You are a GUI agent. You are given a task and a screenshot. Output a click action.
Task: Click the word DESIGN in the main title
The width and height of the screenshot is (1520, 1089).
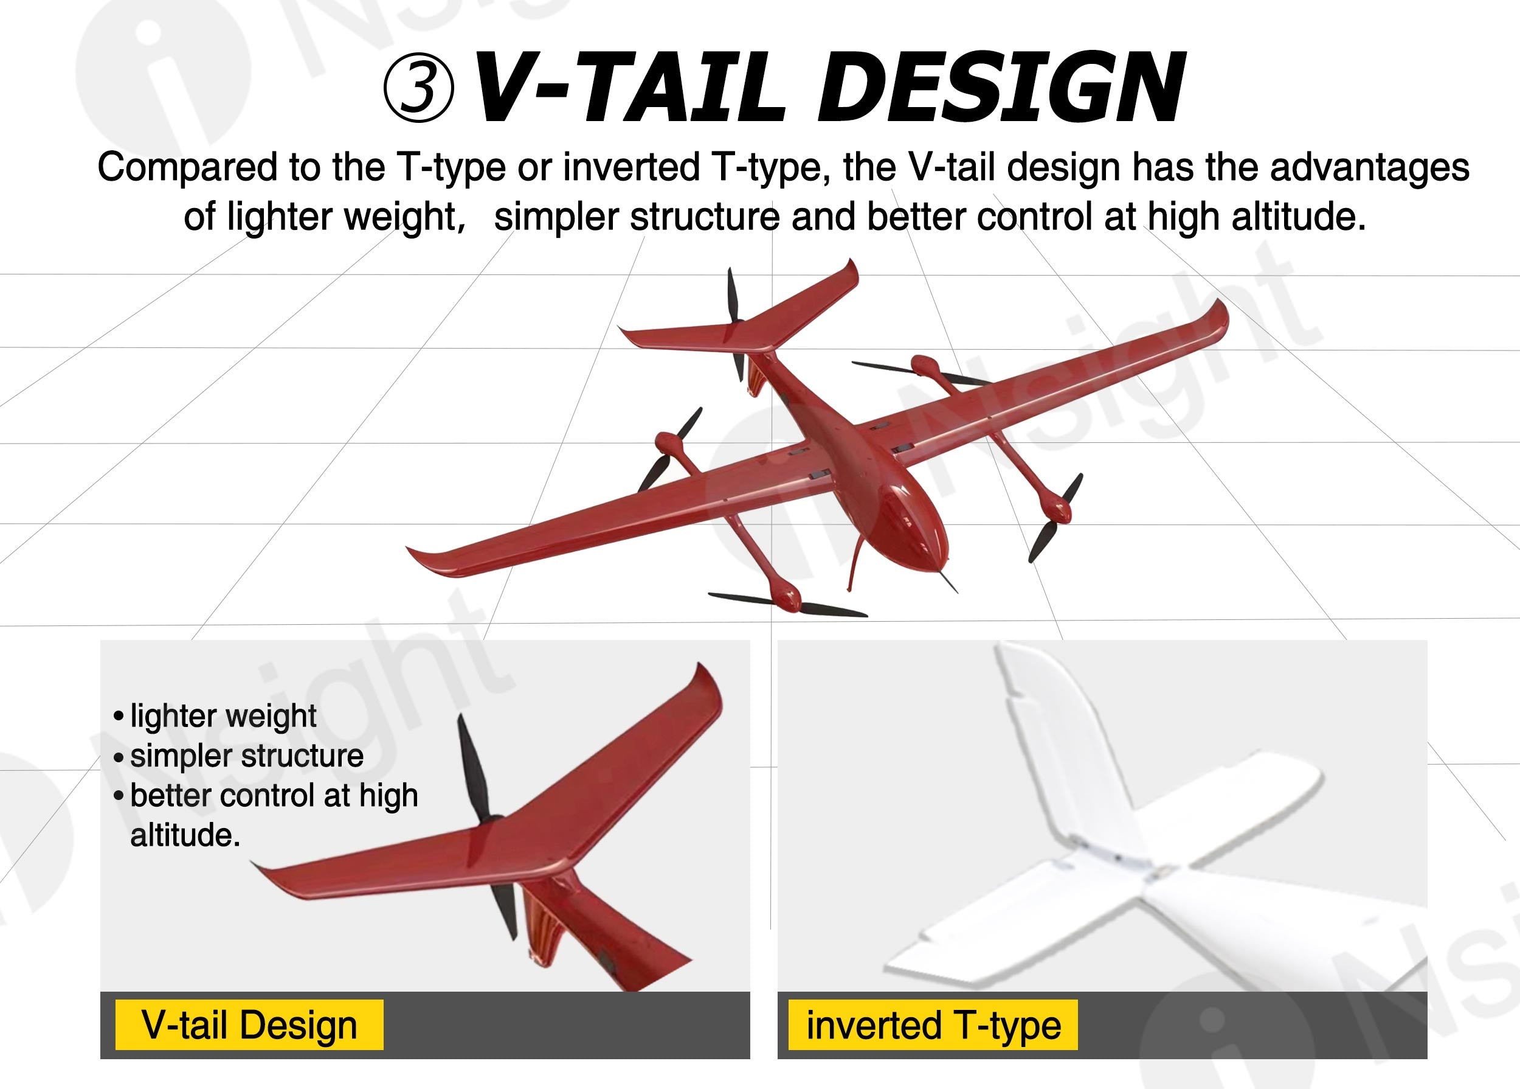coord(1001,88)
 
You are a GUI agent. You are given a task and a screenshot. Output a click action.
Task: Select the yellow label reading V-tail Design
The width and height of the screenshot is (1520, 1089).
coord(249,1025)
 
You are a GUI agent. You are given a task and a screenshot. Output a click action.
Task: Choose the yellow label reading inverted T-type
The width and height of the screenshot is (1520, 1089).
coord(933,1025)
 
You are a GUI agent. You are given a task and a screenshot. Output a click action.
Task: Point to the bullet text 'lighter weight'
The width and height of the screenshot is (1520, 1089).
coord(223,716)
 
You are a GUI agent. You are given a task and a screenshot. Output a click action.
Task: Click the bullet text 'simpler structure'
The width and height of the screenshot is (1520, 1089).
coord(247,756)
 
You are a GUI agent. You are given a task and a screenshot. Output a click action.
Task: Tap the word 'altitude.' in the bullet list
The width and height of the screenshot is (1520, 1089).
coord(185,835)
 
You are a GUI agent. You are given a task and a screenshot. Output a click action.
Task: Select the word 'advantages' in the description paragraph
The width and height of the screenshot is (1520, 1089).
coord(1369,168)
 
